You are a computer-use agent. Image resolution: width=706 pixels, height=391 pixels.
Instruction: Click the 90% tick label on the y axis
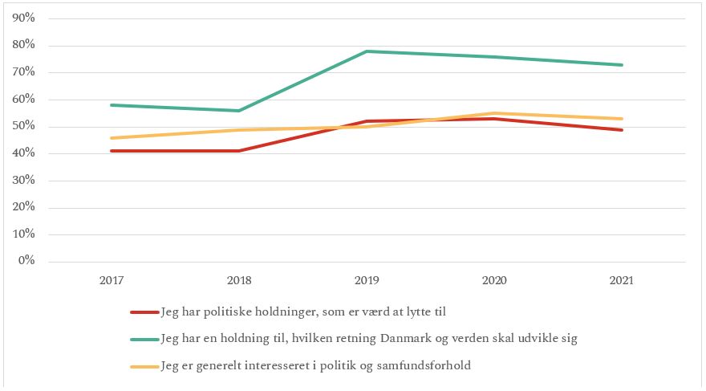coord(24,18)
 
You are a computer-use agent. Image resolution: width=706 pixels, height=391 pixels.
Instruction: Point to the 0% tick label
coord(27,262)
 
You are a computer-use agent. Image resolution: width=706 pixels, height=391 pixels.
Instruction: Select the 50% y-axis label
coord(24,126)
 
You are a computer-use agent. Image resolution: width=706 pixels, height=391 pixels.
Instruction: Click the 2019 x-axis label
coord(367,281)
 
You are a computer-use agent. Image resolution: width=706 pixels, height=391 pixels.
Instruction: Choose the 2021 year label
coord(622,281)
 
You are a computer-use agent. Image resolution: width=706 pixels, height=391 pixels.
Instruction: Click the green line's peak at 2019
coord(367,51)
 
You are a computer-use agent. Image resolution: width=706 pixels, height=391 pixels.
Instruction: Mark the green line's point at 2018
coord(239,111)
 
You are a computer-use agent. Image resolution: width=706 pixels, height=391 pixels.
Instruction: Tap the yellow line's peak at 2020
coord(495,113)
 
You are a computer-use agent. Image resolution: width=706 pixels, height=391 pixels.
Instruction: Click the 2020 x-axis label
coord(494,281)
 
